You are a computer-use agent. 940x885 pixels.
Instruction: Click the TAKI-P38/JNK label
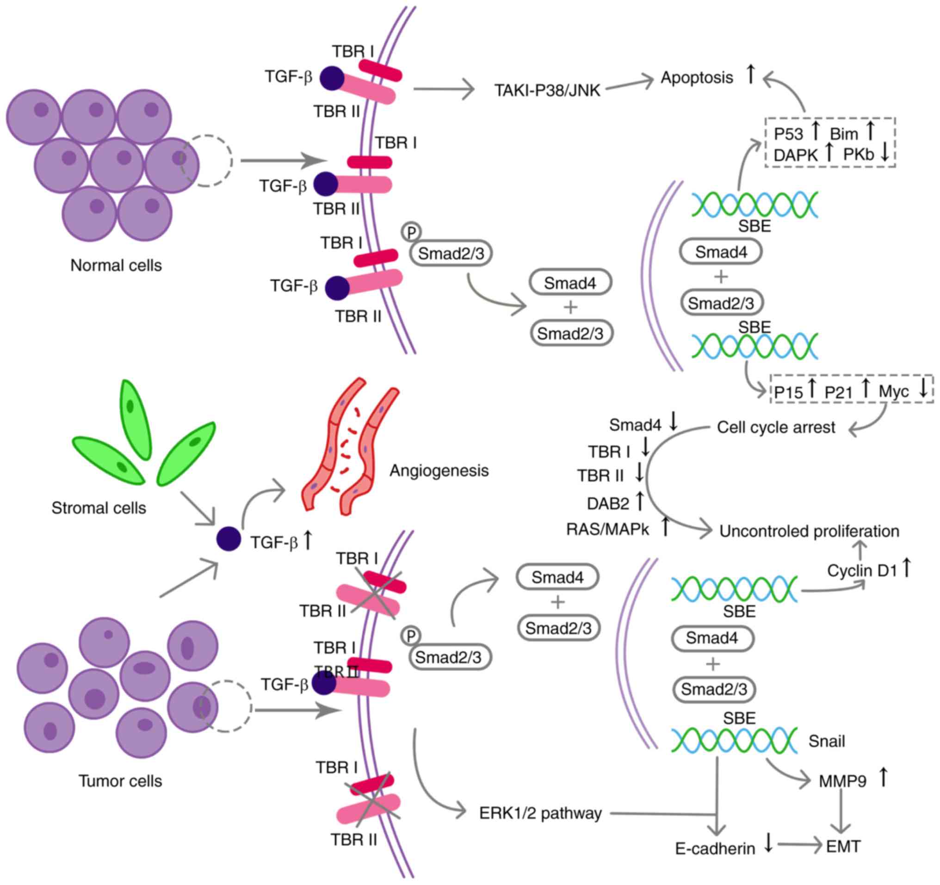[547, 90]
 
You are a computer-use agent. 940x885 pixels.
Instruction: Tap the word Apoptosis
[697, 78]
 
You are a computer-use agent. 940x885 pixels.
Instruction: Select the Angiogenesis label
[439, 470]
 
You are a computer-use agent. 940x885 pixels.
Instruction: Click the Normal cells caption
[116, 265]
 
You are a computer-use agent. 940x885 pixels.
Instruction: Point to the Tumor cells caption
[120, 781]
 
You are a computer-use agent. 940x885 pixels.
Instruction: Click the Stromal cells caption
[99, 508]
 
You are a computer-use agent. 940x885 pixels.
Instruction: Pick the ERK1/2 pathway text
[540, 813]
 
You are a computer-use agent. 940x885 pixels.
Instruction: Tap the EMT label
[843, 846]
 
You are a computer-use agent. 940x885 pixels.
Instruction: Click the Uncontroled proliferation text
[809, 531]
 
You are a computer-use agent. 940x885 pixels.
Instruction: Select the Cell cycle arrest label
[776, 427]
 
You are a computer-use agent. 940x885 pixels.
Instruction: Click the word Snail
[826, 741]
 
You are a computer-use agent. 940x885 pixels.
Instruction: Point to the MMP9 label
[842, 781]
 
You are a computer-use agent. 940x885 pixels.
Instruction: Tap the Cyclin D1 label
[862, 570]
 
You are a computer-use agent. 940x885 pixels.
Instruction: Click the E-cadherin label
[714, 848]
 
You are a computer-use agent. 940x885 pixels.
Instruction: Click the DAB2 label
[607, 503]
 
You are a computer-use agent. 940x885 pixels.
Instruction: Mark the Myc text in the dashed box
[894, 391]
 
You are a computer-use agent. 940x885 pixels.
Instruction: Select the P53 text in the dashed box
[788, 134]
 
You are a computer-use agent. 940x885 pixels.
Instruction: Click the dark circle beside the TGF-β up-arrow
[229, 539]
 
